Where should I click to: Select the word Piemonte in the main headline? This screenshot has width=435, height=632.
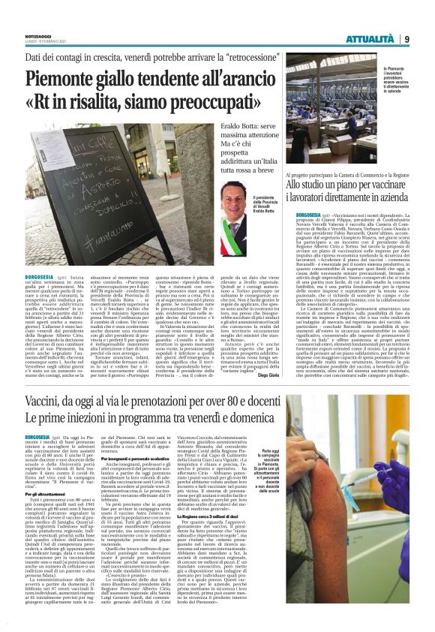pos(70,80)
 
